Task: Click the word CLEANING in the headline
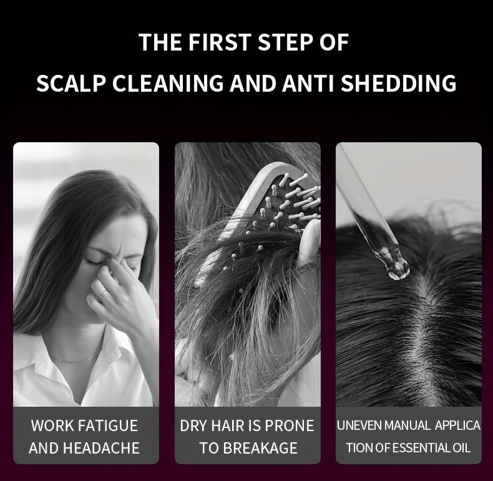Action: pos(168,83)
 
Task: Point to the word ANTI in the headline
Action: pos(308,83)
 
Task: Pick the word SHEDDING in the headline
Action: pos(398,83)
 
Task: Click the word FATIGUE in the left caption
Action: pos(107,425)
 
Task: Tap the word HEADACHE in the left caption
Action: pos(101,448)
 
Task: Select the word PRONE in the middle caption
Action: pos(290,425)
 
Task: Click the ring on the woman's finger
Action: pos(104,294)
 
